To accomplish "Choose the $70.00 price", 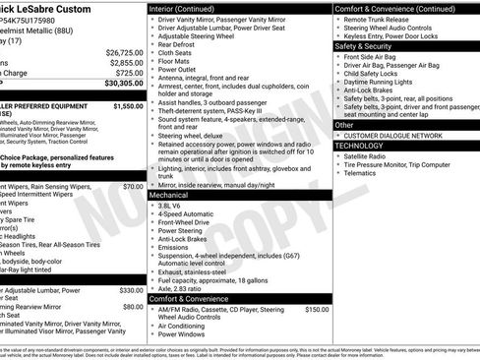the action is pos(133,185).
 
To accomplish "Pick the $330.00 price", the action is pos(131,290).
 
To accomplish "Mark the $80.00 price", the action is pos(133,306).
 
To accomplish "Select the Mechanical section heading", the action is pos(169,196).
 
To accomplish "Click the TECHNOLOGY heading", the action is pos(359,145).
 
